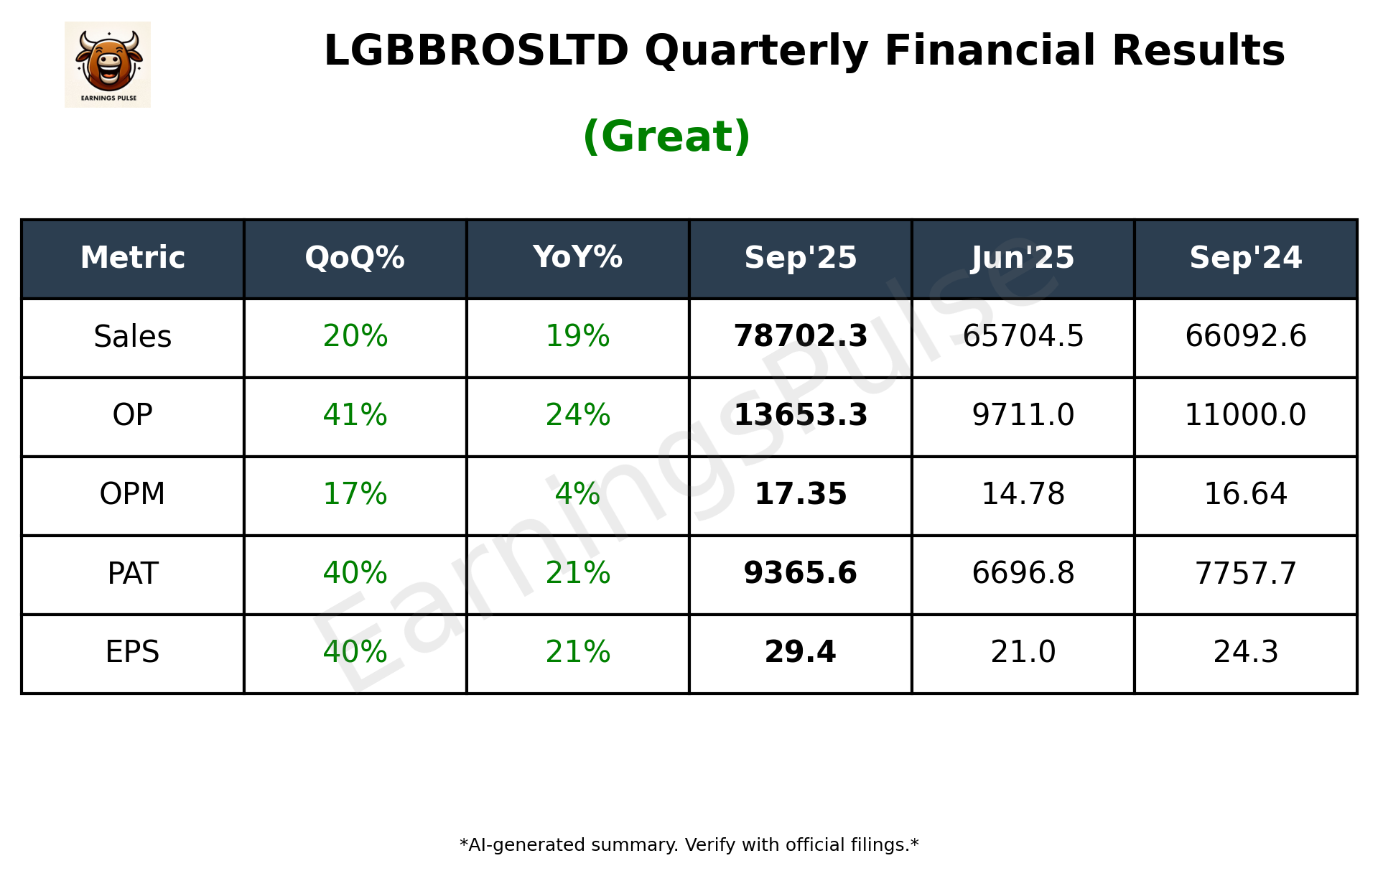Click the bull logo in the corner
point(108,65)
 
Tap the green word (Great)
point(666,136)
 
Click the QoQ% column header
point(355,258)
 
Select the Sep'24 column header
point(1245,258)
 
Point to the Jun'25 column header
point(1023,258)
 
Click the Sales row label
point(133,337)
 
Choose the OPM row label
point(133,494)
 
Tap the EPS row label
point(133,652)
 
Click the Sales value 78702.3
point(800,337)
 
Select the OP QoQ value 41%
point(355,415)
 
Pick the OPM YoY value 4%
point(577,494)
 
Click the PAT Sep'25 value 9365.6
point(800,573)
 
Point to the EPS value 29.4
point(800,652)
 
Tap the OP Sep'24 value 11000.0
point(1245,415)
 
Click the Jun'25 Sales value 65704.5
point(1023,337)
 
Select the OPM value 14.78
point(1023,494)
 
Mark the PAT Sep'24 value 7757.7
point(1245,573)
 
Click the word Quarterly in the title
point(756,52)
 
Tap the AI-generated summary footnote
point(689,845)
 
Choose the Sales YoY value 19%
point(577,337)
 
